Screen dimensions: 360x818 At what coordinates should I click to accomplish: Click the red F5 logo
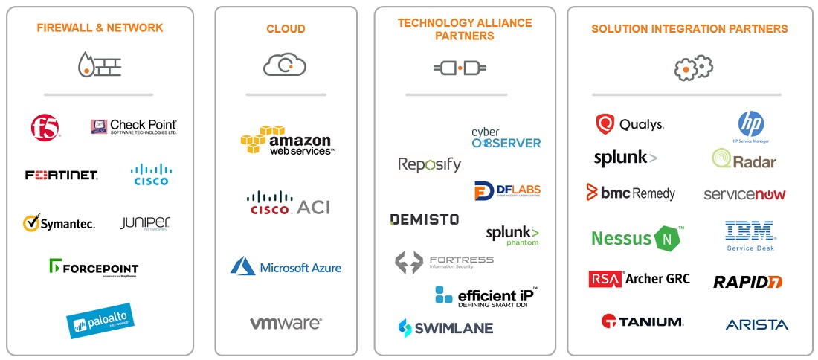point(45,128)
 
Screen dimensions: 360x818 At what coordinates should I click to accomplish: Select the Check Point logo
point(134,127)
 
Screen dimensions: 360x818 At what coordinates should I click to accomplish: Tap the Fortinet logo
point(61,176)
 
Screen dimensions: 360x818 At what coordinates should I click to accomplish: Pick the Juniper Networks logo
point(145,223)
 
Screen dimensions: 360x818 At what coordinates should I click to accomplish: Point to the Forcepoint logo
point(94,268)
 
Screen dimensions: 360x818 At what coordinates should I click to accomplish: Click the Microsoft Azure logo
point(286,267)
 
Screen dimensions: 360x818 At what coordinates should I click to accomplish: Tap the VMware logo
point(286,324)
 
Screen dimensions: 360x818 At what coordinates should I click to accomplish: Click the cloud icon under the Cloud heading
point(285,65)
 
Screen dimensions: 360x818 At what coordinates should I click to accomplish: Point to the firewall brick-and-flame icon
point(99,65)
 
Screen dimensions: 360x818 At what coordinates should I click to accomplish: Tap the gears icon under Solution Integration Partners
point(693,68)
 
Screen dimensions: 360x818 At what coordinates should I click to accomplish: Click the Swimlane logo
point(445,327)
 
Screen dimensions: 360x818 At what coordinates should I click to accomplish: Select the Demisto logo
point(425,219)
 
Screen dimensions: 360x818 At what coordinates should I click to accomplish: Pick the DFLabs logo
point(507,190)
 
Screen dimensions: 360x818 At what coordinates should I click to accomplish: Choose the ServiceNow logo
point(744,194)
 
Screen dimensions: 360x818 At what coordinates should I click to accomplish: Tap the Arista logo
point(756,324)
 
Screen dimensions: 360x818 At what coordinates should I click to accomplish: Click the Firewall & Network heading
point(100,28)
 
